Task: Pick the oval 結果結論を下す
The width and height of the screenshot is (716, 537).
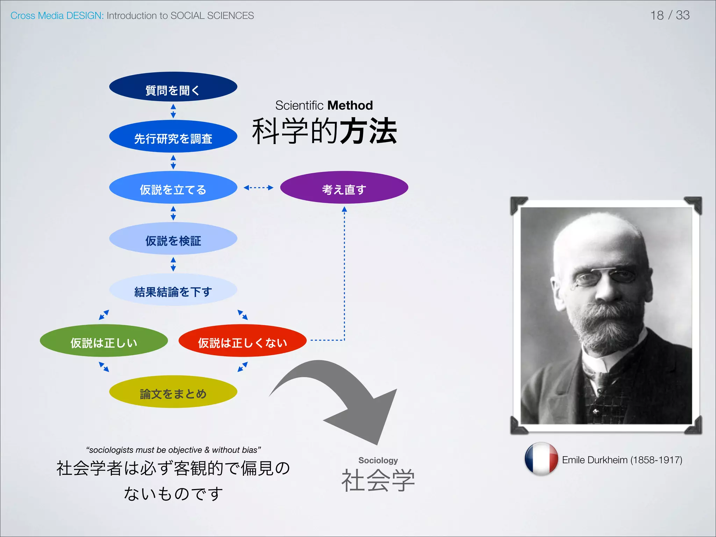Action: tap(173, 290)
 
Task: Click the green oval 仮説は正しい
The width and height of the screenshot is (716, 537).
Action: tap(104, 341)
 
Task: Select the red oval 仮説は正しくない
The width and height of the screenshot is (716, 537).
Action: tap(242, 341)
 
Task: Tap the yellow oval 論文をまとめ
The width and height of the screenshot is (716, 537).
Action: tap(173, 392)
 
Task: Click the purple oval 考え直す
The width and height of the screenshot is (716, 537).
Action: tap(344, 188)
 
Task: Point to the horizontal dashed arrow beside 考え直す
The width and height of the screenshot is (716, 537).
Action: tap(258, 188)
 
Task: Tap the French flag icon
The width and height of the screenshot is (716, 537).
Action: tap(541, 459)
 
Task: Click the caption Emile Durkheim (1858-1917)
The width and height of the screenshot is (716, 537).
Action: tap(622, 460)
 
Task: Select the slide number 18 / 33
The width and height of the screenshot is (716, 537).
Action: tap(670, 15)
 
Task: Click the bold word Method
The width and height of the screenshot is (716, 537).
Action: tap(350, 105)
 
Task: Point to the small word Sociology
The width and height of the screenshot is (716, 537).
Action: tap(378, 460)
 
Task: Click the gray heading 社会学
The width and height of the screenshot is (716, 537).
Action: tap(378, 480)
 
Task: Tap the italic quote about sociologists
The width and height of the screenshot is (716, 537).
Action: tap(173, 450)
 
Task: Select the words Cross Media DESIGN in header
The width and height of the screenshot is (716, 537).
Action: tap(57, 16)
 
